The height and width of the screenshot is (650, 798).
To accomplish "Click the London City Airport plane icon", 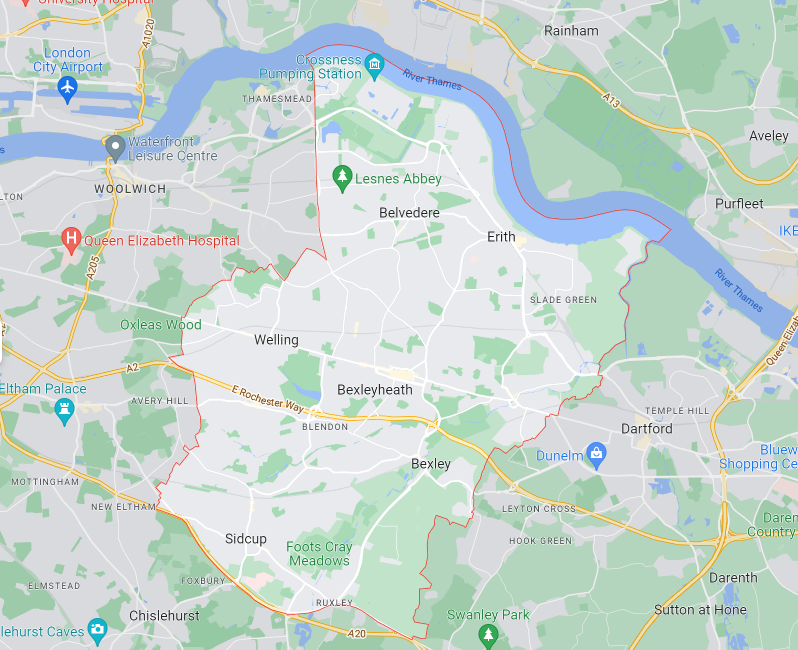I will [67, 89].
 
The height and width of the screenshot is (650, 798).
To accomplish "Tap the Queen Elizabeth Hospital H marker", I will [71, 240].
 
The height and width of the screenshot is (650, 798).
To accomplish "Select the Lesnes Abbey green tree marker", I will [342, 178].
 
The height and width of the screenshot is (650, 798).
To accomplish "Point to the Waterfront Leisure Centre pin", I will [115, 149].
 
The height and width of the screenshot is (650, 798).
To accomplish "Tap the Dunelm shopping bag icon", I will [597, 456].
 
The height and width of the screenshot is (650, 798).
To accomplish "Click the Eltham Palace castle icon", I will [65, 411].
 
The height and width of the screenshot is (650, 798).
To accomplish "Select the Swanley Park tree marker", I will [488, 634].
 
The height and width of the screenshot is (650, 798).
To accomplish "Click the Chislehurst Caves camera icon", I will [97, 629].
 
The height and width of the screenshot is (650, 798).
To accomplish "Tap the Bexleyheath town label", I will [374, 390].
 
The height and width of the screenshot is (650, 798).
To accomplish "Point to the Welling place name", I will [276, 340].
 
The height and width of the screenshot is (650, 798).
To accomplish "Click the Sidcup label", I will [246, 539].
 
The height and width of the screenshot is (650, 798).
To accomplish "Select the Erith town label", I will [502, 237].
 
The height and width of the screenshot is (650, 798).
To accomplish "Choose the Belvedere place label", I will [409, 213].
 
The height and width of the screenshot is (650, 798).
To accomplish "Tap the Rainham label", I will [571, 31].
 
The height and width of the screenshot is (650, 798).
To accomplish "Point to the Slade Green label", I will [563, 300].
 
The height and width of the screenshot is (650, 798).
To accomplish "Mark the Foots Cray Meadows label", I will [319, 554].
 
